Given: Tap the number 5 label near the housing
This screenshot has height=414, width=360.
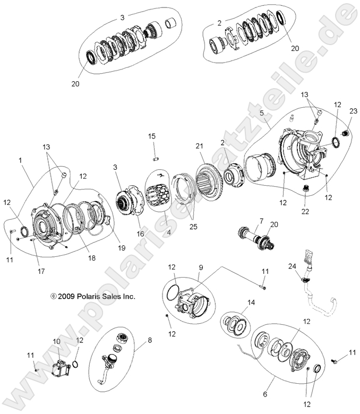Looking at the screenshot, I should (x=261, y=113).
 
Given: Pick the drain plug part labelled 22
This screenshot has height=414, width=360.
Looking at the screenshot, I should (x=306, y=188).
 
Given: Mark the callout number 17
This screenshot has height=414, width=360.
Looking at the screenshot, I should (x=41, y=271).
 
